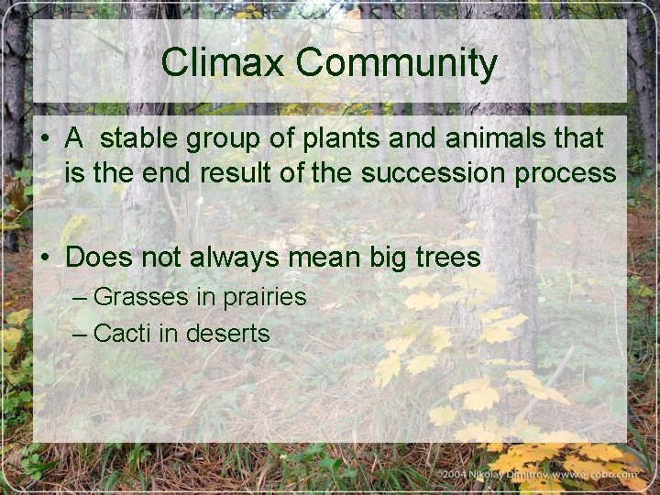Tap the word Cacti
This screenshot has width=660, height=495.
coord(123,333)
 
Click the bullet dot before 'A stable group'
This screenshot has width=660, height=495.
coord(44,140)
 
